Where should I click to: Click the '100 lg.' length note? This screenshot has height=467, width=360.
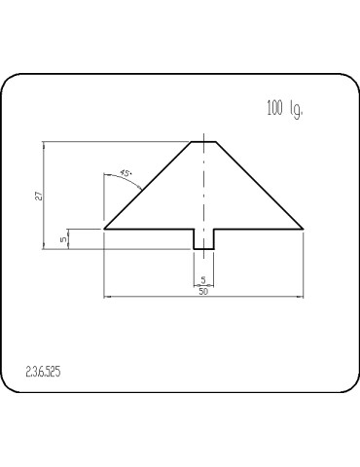click(x=284, y=108)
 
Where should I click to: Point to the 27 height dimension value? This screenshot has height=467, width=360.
click(x=37, y=195)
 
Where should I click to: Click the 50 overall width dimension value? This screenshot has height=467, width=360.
click(x=203, y=291)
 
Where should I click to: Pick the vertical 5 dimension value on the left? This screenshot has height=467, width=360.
click(x=63, y=238)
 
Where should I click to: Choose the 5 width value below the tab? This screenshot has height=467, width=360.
click(x=203, y=280)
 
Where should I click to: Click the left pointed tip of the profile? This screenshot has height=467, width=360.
click(x=104, y=229)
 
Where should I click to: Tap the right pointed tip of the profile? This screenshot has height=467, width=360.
click(x=304, y=229)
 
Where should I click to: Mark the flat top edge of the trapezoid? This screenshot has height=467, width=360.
click(x=203, y=142)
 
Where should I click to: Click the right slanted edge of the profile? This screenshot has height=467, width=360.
click(x=260, y=185)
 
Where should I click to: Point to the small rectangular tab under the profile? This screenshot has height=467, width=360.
click(x=203, y=238)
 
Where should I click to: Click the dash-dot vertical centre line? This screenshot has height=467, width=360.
click(x=203, y=195)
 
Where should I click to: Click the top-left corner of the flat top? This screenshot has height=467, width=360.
click(x=192, y=142)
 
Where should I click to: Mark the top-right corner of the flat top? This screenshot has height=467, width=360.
click(x=216, y=142)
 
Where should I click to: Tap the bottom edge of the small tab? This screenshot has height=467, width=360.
click(x=203, y=249)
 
